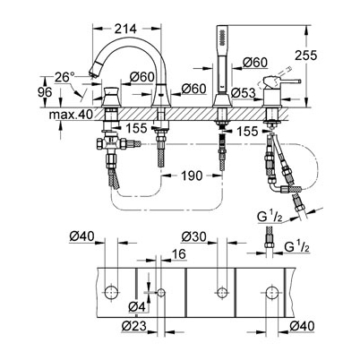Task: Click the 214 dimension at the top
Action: coord(125,29)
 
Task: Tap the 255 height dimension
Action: coord(305,56)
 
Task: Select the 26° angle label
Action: coord(64,78)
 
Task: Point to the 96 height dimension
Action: coord(45,92)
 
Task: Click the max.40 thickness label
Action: coord(72,115)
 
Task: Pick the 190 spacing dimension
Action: coord(191,176)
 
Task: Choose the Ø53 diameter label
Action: coord(244,93)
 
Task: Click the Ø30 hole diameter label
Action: coord(194,236)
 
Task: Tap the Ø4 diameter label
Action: coord(137,306)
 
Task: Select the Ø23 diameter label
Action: coord(134,326)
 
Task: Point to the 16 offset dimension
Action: coord(178,254)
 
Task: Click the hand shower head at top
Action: coord(221,36)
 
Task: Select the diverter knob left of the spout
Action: coord(111,93)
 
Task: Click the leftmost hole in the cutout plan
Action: coord(111,292)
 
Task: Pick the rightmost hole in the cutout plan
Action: coord(272,292)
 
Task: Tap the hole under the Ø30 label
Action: coord(221,292)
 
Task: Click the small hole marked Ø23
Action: coord(161,292)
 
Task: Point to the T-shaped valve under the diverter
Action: coord(112,144)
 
